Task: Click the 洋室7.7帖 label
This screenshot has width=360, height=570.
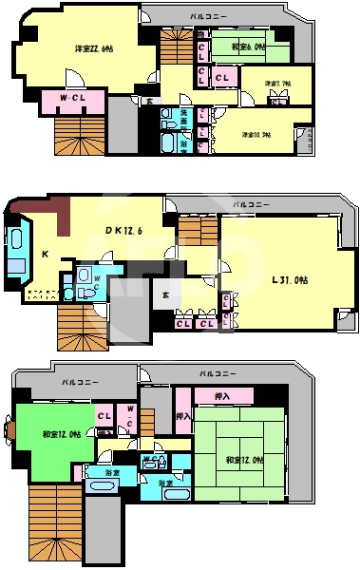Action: click(277, 84)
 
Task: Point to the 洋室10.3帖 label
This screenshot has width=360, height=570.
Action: click(256, 134)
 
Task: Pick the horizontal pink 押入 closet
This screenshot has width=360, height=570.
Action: click(223, 394)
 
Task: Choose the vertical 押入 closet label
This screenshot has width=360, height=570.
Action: click(183, 416)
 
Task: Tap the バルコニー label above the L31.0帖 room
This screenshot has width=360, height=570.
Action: click(251, 205)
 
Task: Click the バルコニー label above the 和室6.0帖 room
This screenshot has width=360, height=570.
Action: click(206, 16)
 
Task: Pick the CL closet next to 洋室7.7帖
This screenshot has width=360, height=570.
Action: click(225, 76)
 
